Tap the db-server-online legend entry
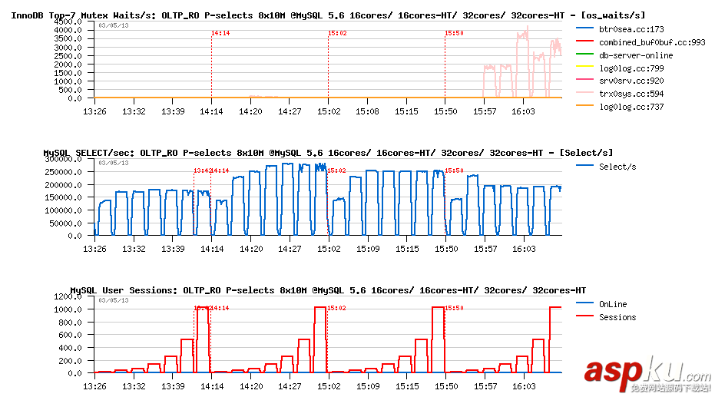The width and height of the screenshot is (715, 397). [635, 55]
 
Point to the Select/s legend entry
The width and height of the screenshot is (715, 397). [617, 167]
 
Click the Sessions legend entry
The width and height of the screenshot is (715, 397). [617, 317]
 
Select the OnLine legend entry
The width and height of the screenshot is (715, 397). [613, 304]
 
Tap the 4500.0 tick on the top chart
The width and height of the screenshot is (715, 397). [68, 22]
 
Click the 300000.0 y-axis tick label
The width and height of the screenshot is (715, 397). [63, 159]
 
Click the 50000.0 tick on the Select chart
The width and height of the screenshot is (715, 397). [65, 223]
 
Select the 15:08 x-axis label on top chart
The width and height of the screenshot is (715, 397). [367, 111]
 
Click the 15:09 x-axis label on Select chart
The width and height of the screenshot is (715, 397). [367, 249]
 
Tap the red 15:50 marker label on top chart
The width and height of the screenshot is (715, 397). [454, 33]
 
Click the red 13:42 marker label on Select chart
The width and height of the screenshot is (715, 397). [201, 170]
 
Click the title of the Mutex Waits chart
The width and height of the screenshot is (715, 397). [327, 15]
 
